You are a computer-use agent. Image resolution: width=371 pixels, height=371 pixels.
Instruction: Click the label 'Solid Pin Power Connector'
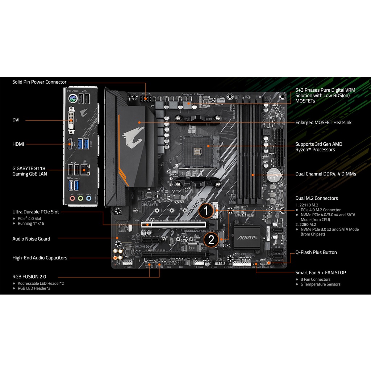pos(39,82)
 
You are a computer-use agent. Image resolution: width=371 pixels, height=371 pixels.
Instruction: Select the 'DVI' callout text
pos(16,120)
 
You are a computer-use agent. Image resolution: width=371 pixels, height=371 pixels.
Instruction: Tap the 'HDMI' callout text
pos(18,144)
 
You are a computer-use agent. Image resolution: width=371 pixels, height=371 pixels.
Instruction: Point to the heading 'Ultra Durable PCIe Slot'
pos(36,212)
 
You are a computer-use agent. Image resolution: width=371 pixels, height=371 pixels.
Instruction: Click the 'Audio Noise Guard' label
pos(31,239)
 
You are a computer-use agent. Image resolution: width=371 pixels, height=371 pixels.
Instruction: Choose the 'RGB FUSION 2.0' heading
pos(29,276)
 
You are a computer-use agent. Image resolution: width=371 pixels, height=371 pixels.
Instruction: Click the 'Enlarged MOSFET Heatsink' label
pos(323,122)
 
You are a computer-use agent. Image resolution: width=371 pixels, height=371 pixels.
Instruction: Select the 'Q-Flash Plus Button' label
pos(316,252)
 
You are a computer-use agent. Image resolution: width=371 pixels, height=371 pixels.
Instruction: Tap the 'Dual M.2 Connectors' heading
pos(316,198)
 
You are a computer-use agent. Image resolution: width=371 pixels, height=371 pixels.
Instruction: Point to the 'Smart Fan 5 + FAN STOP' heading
pos(320,272)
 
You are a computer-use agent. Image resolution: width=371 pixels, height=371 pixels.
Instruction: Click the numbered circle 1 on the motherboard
pos(206,210)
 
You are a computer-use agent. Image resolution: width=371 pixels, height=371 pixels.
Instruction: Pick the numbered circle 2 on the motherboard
pos(211,239)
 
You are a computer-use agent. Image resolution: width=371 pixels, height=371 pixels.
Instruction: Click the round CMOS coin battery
pos(274,176)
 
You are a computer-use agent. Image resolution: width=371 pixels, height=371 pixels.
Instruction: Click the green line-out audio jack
pos(80,199)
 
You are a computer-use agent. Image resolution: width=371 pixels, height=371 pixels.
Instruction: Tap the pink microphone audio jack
pos(72,199)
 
